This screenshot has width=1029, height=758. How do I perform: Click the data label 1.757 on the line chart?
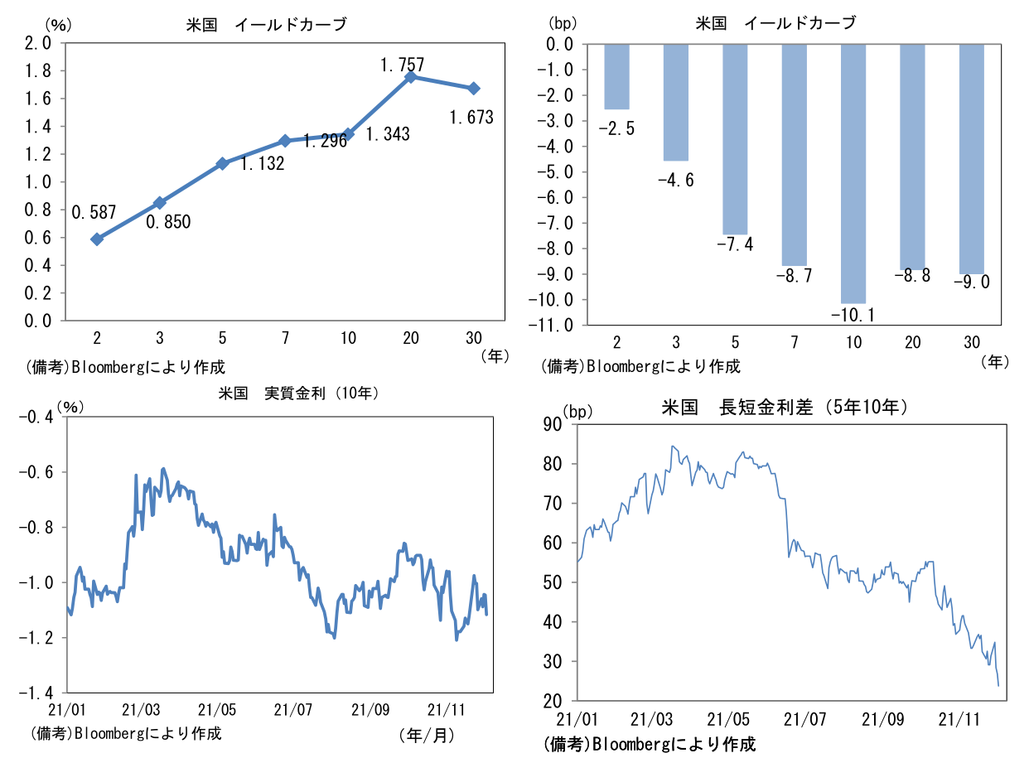click(x=402, y=64)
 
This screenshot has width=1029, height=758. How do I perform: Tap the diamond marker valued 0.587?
click(x=97, y=239)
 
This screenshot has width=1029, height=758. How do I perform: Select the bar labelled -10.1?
click(x=853, y=173)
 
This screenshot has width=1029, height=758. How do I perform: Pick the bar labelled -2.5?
click(x=617, y=76)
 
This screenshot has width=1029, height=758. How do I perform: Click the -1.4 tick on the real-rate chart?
click(x=36, y=693)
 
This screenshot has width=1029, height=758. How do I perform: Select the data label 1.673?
click(x=471, y=118)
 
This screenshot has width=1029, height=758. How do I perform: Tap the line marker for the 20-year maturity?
click(x=410, y=77)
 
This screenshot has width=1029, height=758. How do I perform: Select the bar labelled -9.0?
click(x=971, y=158)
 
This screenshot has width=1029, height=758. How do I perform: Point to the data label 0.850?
click(x=168, y=222)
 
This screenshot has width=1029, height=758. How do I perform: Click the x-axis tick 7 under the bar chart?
click(x=794, y=342)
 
